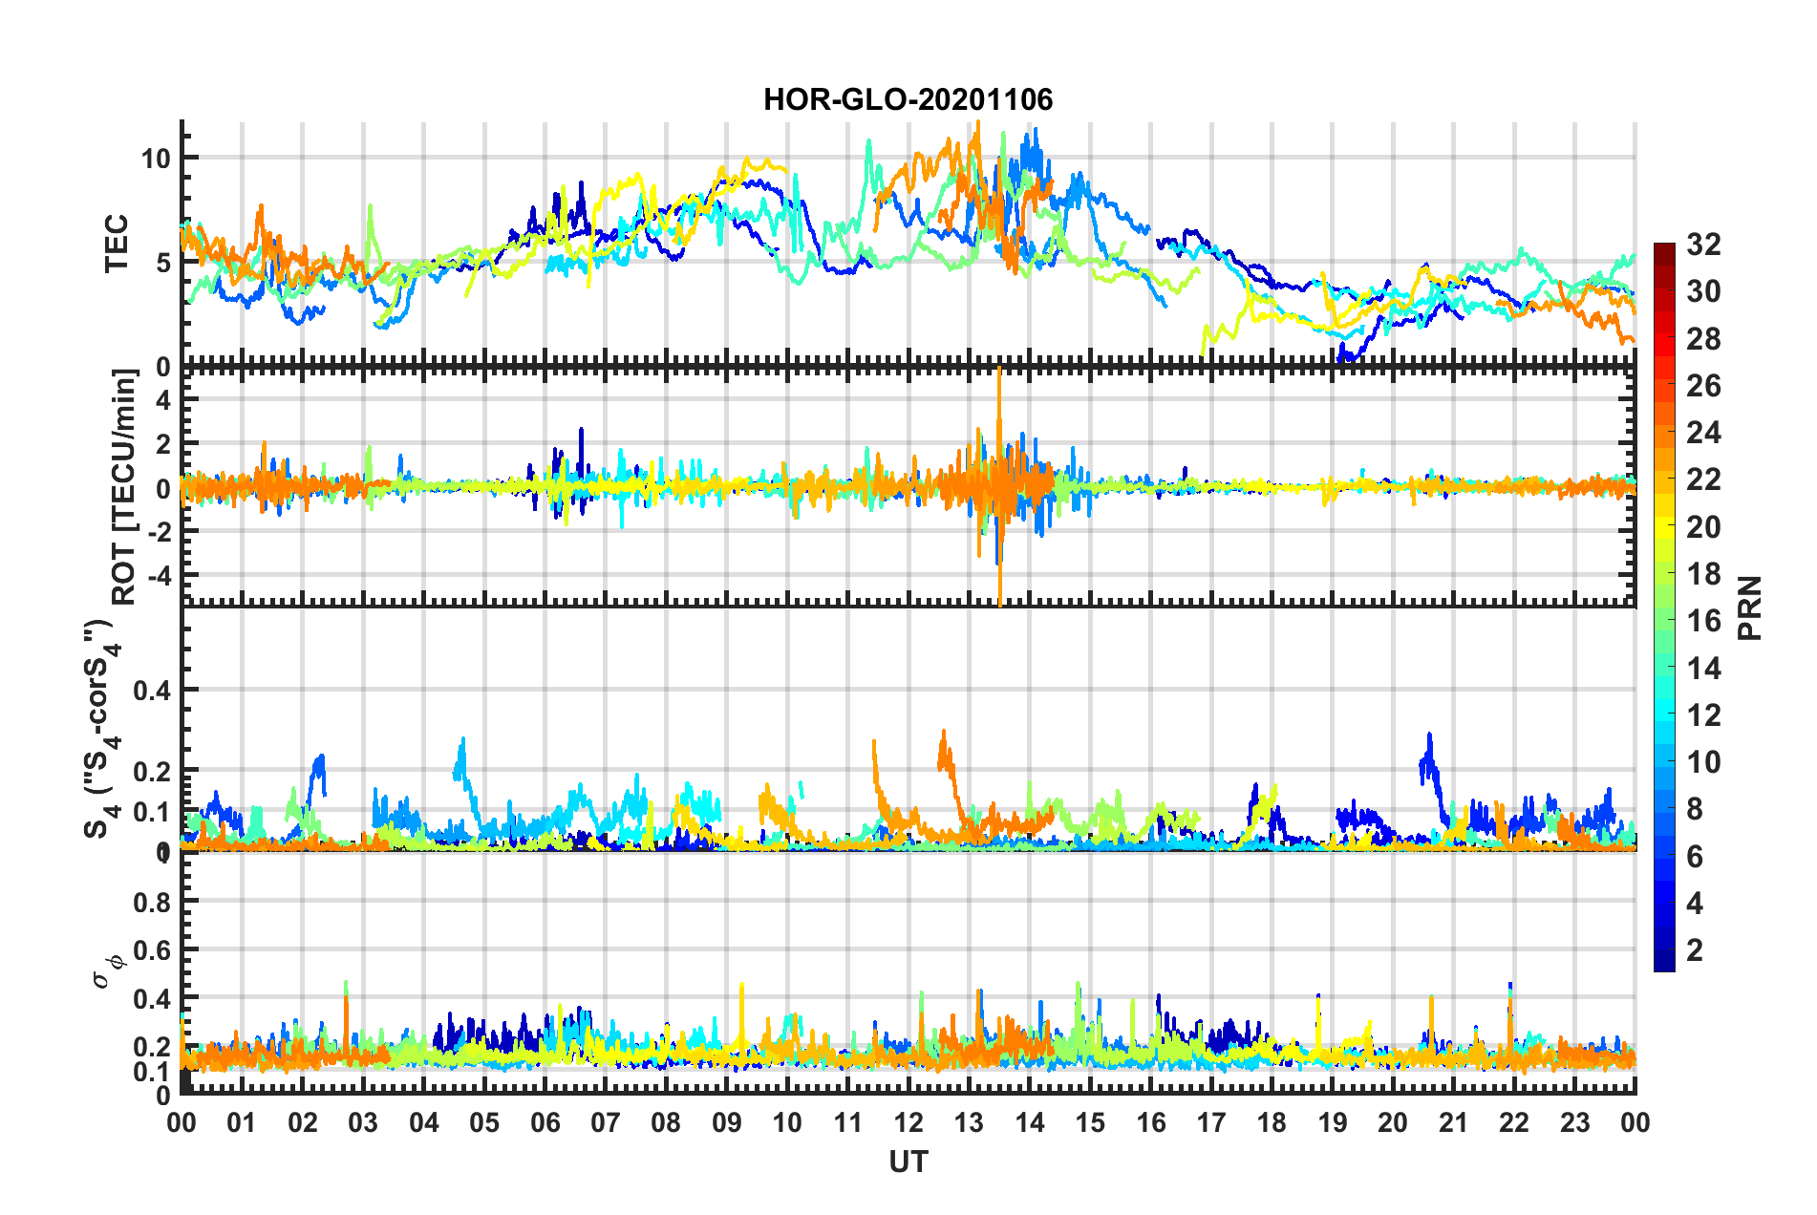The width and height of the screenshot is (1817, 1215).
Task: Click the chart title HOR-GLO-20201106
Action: click(908, 99)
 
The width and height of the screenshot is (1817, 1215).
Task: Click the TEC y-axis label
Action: click(116, 244)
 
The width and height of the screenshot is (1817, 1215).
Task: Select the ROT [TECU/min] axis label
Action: click(124, 487)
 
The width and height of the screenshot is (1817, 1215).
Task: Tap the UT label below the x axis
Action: click(908, 1162)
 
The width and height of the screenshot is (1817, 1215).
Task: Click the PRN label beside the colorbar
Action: click(1749, 608)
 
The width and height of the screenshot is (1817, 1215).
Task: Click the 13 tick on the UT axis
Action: click(969, 1122)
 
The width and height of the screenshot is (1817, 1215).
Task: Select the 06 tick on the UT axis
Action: click(545, 1122)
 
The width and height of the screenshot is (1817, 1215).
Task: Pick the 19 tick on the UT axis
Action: click(1332, 1122)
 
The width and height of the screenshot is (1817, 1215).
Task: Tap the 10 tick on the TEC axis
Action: click(156, 159)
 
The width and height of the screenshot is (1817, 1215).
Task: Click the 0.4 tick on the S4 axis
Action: click(151, 690)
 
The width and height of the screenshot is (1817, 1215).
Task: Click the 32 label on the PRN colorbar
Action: click(1703, 245)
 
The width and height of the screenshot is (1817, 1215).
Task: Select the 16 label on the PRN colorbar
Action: click(1703, 621)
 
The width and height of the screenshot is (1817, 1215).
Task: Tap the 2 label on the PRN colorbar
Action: click(1696, 949)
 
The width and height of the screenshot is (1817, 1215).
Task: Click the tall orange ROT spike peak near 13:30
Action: click(999, 371)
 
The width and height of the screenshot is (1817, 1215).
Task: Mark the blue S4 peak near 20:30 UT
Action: click(1429, 735)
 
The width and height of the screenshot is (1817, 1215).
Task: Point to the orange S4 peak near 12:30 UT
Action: click(944, 733)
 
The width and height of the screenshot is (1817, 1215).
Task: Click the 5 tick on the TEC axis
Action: click(163, 263)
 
